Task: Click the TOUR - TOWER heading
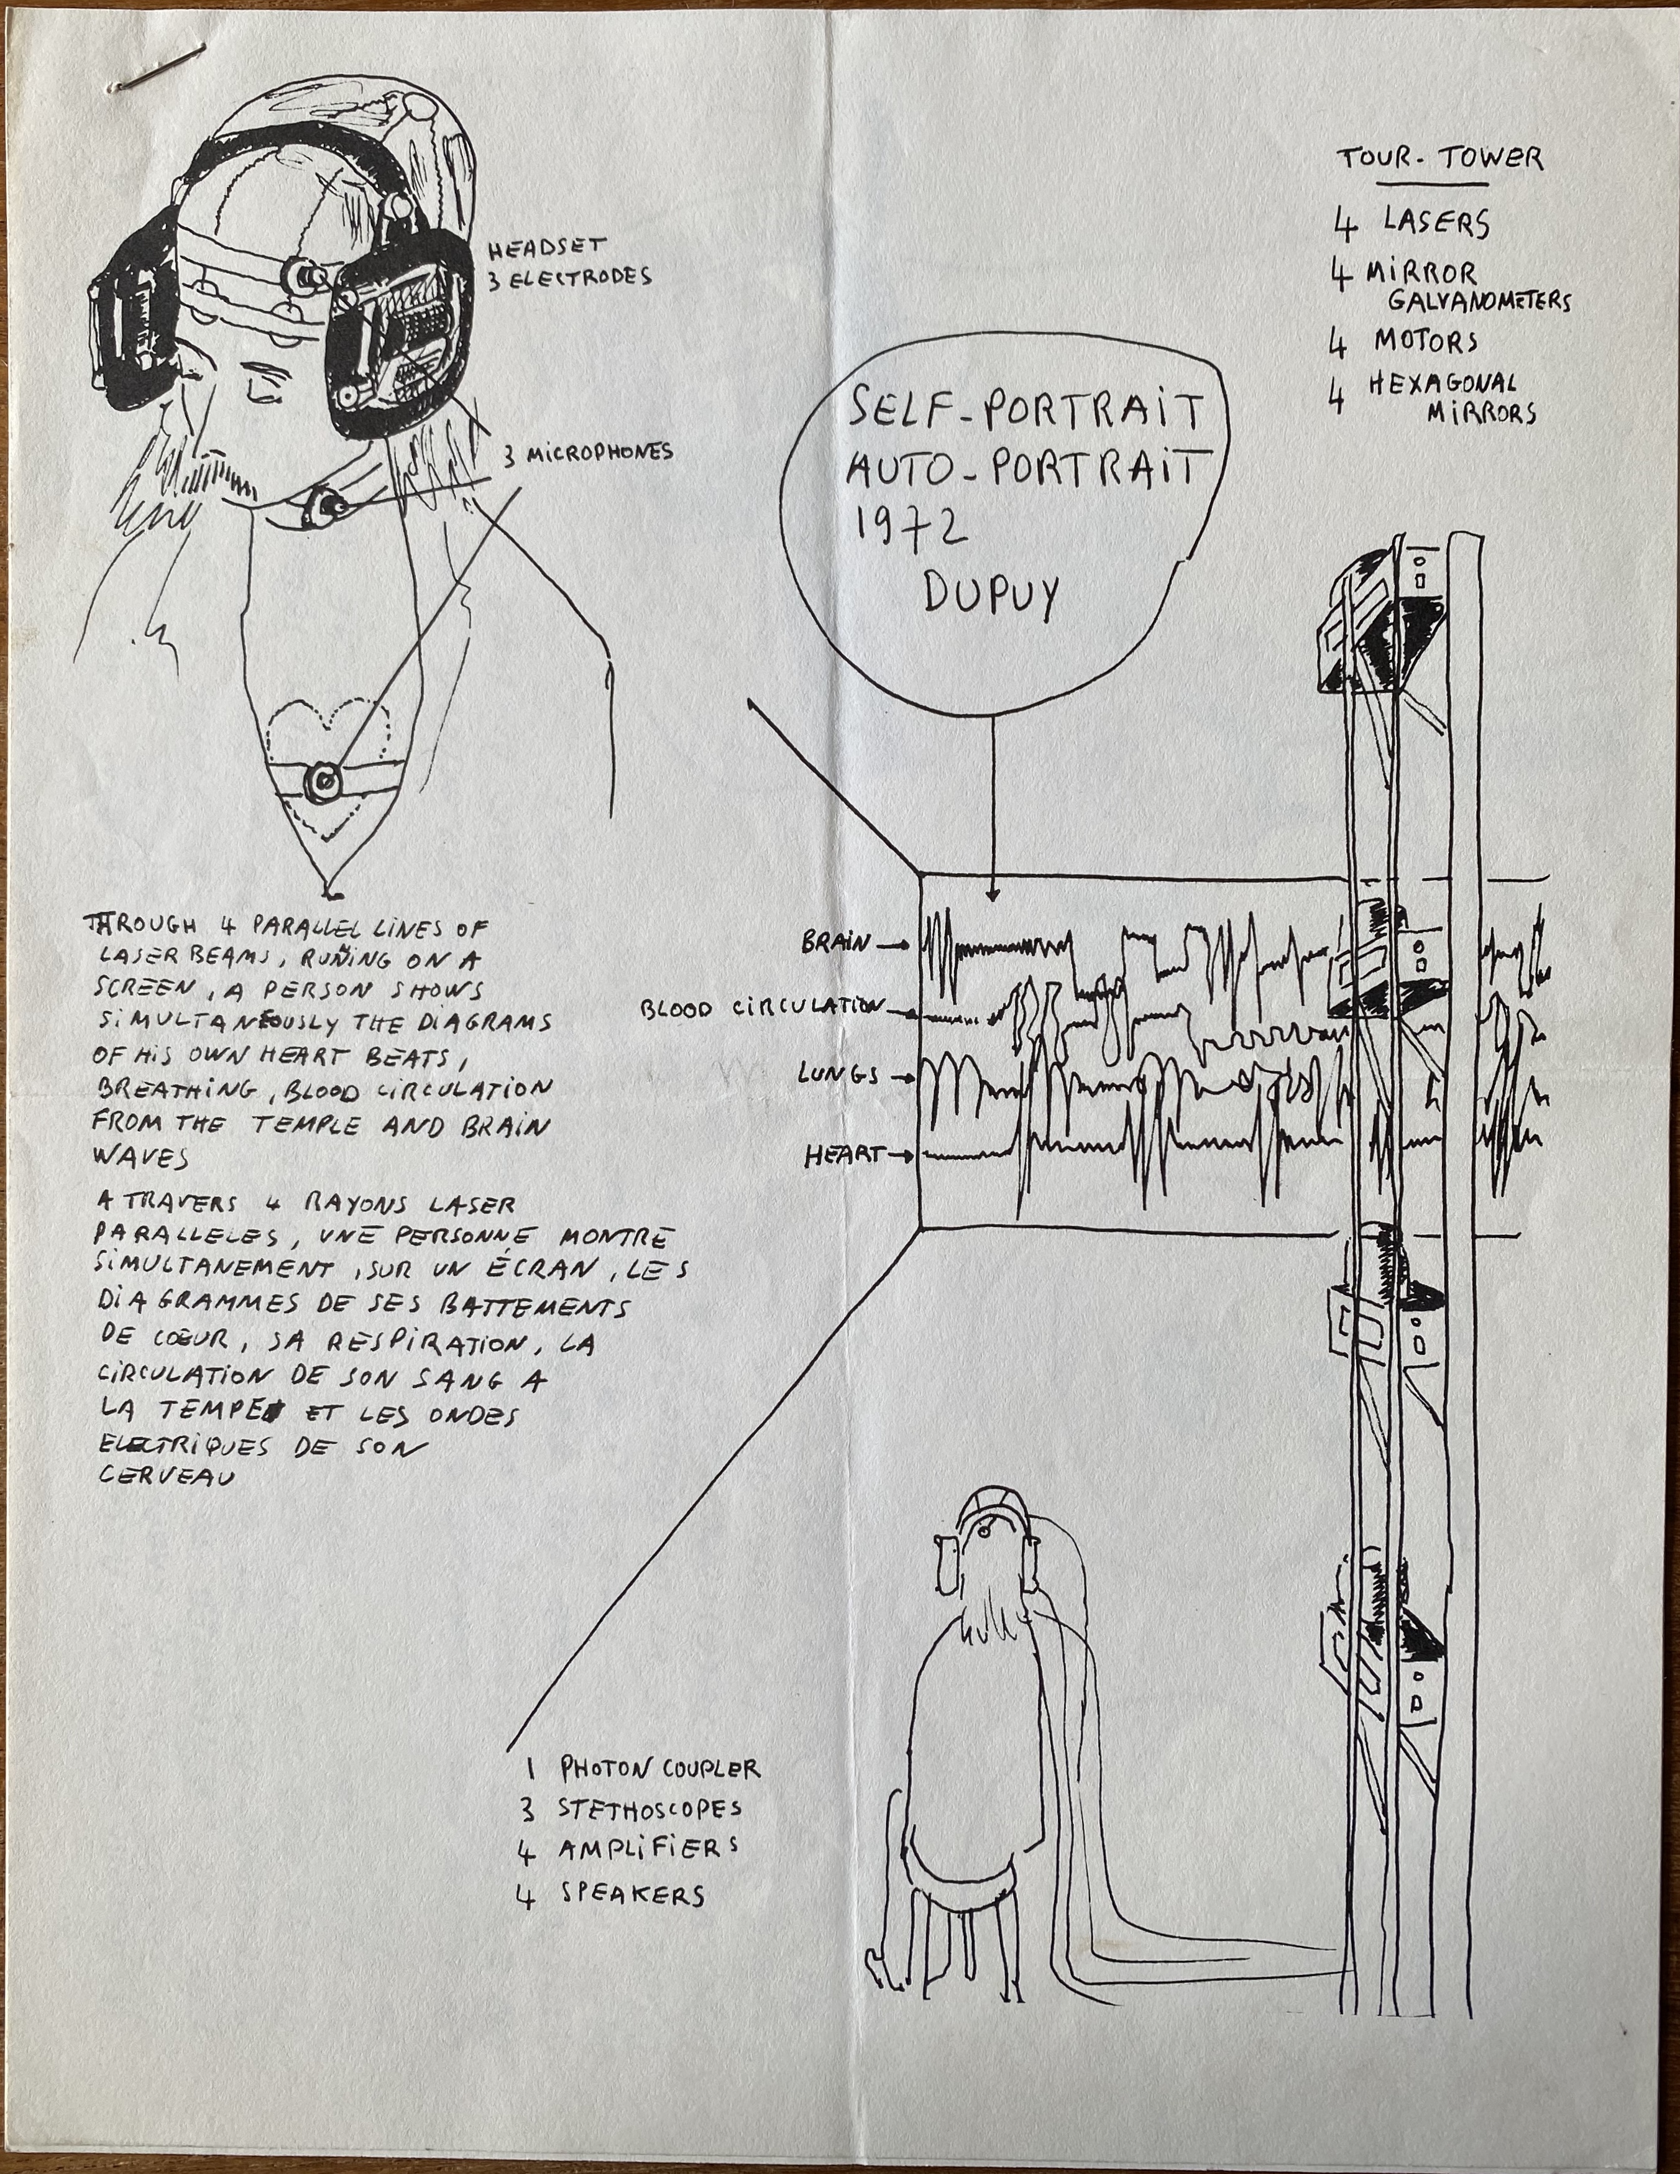pyautogui.click(x=1438, y=159)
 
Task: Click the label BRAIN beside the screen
pyautogui.click(x=836, y=942)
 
